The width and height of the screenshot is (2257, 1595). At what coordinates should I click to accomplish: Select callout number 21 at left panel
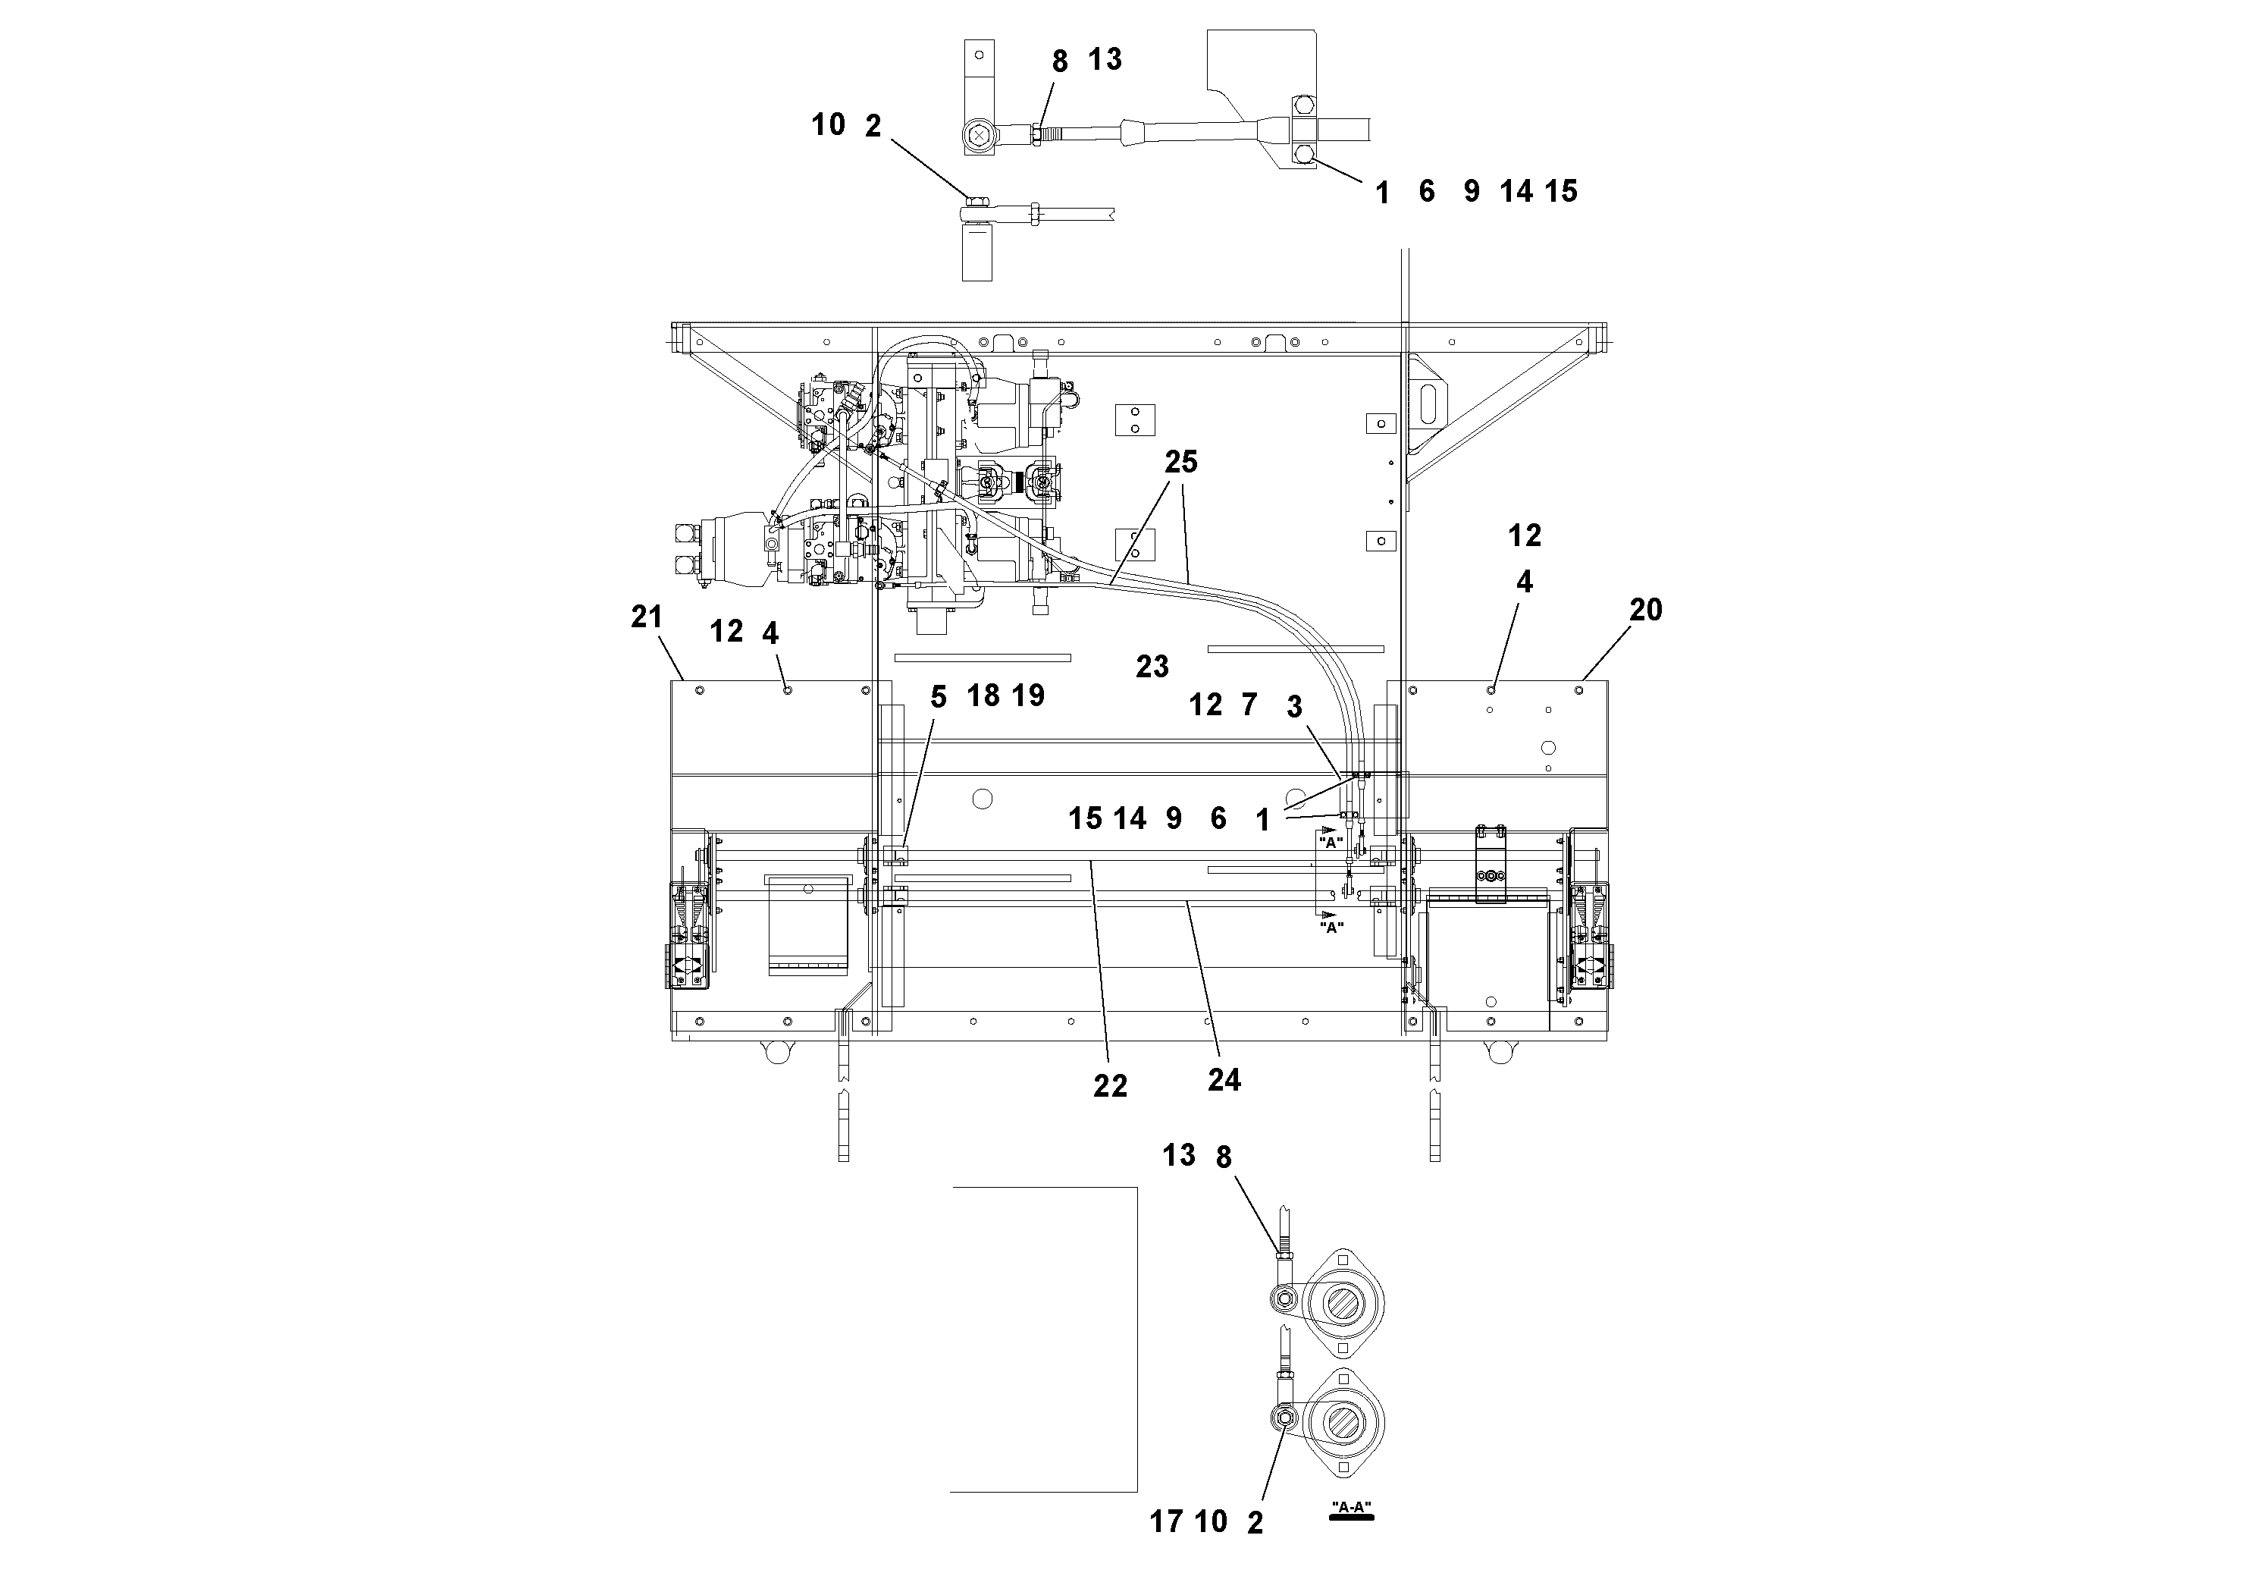[647, 617]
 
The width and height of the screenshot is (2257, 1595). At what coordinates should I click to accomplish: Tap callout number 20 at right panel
[1646, 611]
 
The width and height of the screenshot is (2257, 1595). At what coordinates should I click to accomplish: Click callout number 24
[1224, 1080]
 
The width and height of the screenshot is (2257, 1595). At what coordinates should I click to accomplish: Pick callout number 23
[1152, 667]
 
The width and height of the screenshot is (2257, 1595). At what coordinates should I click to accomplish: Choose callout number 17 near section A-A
[1166, 1522]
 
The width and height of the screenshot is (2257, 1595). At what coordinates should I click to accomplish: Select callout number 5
[938, 697]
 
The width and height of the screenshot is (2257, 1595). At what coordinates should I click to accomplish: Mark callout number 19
[1028, 695]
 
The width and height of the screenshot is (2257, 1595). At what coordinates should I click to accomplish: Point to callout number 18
[983, 695]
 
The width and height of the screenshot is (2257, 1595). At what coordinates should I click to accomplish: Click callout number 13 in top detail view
[1105, 60]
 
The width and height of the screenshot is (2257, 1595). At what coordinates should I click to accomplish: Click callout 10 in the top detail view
[829, 125]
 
